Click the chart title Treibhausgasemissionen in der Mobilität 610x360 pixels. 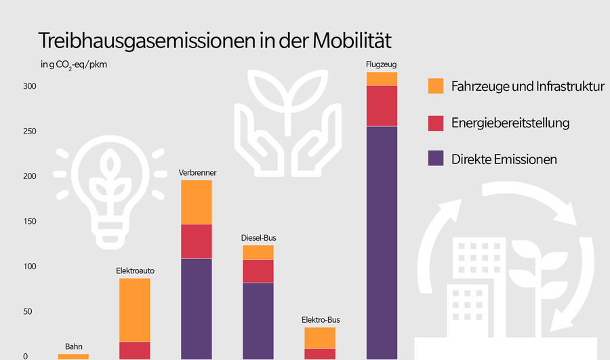click(x=215, y=40)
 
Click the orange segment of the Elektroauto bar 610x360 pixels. click(x=135, y=310)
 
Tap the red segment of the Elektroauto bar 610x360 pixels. click(x=135, y=351)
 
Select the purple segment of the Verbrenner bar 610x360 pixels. click(x=197, y=308)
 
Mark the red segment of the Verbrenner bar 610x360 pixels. click(x=197, y=241)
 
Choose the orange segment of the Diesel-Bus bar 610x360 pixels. click(x=258, y=252)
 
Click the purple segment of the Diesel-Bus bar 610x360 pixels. click(x=258, y=321)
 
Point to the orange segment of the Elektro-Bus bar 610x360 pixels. click(x=320, y=338)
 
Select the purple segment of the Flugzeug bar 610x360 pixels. click(x=382, y=242)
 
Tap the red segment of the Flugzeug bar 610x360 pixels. click(x=382, y=106)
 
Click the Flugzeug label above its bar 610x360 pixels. click(x=380, y=65)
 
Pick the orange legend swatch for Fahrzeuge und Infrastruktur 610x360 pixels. click(x=436, y=86)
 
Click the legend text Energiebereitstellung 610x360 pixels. click(x=510, y=123)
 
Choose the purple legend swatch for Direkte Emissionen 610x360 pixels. click(x=436, y=159)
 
